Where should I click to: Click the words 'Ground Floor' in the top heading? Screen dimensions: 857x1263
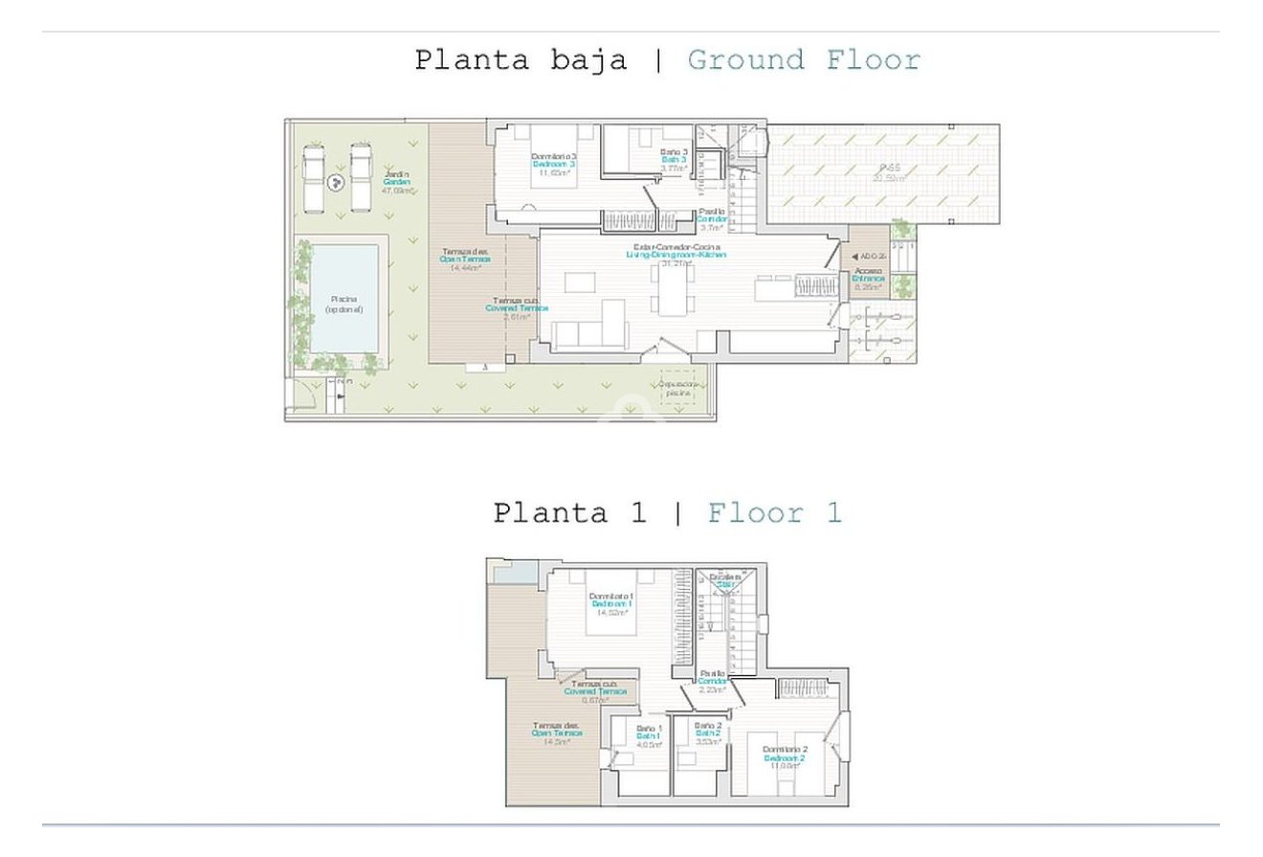click(804, 60)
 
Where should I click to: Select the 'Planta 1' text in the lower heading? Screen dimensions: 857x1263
click(569, 513)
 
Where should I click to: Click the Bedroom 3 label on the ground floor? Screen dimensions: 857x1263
click(553, 164)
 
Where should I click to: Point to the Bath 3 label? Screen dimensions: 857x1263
click(674, 159)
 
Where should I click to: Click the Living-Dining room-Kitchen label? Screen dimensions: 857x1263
click(676, 254)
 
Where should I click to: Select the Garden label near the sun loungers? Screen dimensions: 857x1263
click(396, 181)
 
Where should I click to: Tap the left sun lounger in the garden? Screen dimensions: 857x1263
click(313, 177)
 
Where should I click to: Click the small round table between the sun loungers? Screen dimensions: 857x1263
click(336, 183)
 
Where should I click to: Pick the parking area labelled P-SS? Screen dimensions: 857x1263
click(884, 174)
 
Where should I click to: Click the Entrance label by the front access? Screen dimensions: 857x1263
click(869, 278)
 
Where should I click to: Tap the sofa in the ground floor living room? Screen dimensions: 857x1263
click(590, 332)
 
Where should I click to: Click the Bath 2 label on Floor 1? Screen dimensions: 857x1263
click(707, 733)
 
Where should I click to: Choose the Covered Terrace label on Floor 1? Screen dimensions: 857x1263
click(594, 690)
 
